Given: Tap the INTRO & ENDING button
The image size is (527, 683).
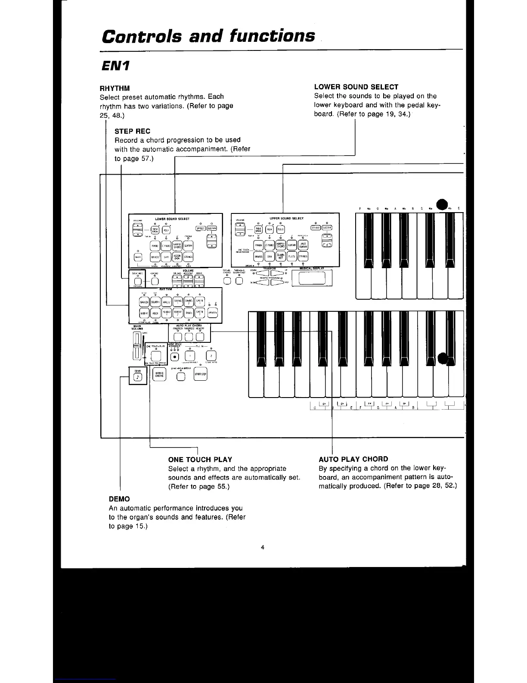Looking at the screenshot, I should [159, 374].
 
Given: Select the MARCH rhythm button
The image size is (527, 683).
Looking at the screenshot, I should [144, 302].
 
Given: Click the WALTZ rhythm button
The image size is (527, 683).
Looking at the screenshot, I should [167, 302].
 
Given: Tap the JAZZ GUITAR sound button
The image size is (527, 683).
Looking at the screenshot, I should [303, 245].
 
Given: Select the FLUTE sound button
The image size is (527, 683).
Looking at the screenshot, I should [291, 257].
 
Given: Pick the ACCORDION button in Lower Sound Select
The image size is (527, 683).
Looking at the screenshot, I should [177, 257].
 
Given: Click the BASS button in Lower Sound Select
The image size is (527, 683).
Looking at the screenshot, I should [138, 257].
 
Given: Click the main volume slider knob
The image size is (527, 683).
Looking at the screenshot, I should [136, 346].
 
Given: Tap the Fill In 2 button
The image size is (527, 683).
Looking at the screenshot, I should [211, 356].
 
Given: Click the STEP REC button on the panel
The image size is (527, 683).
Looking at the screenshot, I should [137, 282].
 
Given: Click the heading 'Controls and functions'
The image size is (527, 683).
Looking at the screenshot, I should [208, 36].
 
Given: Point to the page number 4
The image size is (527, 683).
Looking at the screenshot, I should [262, 548].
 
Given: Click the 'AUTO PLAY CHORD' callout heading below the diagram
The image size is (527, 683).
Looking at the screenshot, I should [353, 459].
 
